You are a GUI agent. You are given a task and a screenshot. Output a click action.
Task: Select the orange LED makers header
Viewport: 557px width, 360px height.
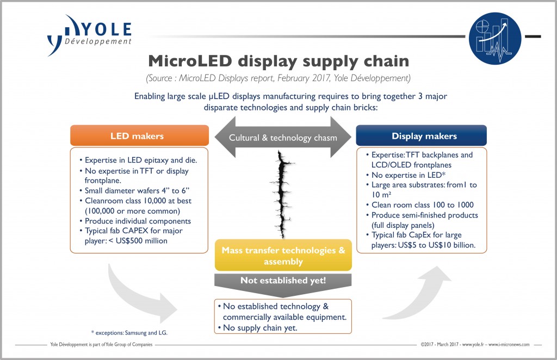click(x=139, y=135)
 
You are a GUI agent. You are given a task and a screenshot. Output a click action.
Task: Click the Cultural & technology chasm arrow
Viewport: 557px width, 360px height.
click(x=282, y=138)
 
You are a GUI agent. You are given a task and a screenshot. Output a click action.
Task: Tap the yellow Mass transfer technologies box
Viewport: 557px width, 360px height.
click(x=283, y=256)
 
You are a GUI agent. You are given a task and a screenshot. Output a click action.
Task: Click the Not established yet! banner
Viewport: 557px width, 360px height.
click(x=283, y=281)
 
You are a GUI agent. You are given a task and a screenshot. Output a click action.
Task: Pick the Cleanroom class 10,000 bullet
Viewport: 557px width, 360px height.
click(x=135, y=201)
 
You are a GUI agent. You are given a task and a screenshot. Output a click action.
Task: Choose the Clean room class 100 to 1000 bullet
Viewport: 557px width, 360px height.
click(x=423, y=204)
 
